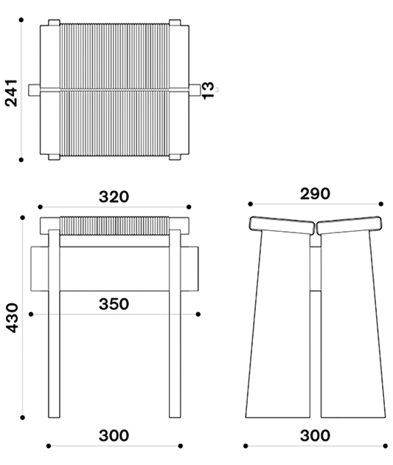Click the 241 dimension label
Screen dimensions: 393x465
click(x=12, y=93)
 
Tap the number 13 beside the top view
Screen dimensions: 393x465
click(x=208, y=90)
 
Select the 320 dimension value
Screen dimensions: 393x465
click(x=114, y=196)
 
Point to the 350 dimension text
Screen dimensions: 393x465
click(x=114, y=304)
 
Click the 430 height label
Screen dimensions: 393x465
click(x=13, y=317)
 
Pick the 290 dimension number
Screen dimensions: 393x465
click(x=315, y=193)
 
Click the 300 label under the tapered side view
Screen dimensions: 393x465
click(x=315, y=435)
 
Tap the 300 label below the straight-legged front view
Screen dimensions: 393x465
click(x=114, y=435)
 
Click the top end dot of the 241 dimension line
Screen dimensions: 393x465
click(x=21, y=20)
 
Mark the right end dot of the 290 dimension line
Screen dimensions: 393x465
click(x=381, y=204)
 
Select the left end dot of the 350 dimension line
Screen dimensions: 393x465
click(x=31, y=314)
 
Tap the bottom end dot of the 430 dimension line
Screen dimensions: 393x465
click(x=23, y=418)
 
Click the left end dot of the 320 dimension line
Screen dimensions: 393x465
click(x=41, y=207)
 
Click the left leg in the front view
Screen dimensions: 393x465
click(x=55, y=323)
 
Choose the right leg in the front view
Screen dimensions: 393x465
click(x=175, y=323)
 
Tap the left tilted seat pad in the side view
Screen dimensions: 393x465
click(x=282, y=225)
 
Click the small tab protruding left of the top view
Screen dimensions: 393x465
click(x=35, y=90)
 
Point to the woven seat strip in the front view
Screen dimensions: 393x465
click(x=114, y=226)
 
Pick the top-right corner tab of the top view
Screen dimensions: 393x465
click(x=175, y=23)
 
